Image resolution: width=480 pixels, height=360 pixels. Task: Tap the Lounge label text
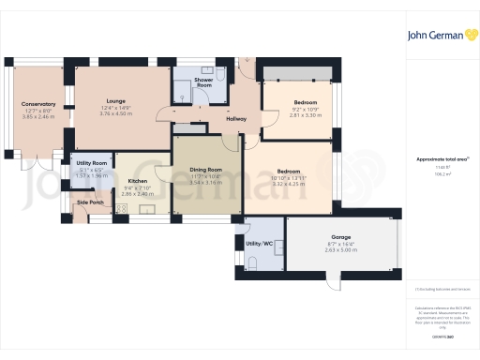point(116,100)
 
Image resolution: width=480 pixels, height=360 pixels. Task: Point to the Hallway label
point(235,118)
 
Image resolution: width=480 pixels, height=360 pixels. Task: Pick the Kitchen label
point(138,181)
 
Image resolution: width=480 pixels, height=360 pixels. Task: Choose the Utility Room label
point(92,163)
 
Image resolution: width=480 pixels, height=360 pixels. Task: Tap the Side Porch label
point(90,202)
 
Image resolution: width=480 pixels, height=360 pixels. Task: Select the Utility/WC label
point(260,244)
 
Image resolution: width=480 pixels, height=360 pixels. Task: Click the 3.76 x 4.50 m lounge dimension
point(116,113)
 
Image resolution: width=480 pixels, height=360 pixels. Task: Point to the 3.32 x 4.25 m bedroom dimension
point(288,185)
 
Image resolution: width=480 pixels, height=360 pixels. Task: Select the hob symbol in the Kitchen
point(148,210)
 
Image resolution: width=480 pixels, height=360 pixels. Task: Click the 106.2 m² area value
point(442,174)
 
